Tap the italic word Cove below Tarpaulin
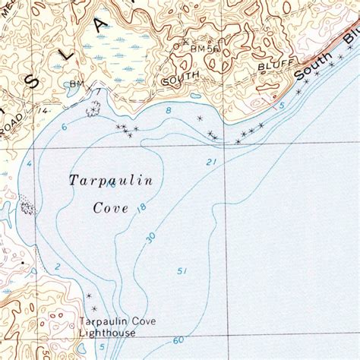click(111, 207)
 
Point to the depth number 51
click(182, 270)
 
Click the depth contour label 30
click(151, 238)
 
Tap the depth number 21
click(211, 162)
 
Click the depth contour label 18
click(141, 207)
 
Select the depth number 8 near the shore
click(168, 112)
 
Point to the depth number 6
click(65, 127)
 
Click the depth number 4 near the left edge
click(29, 163)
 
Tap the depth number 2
click(57, 266)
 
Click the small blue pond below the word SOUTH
click(195, 96)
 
